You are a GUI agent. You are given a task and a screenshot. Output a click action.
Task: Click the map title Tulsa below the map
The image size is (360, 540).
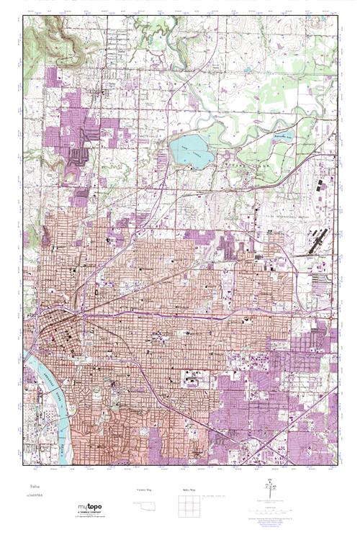click(31, 485)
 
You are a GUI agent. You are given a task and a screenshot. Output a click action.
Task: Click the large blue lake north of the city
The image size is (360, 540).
click(190, 152)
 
